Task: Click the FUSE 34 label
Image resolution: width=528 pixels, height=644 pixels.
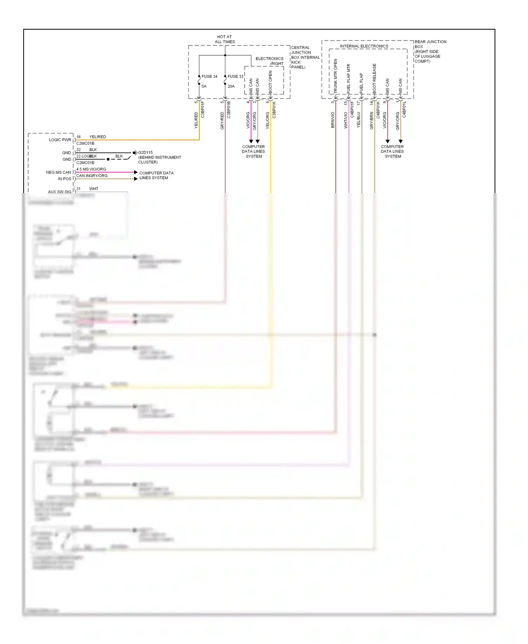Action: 209,76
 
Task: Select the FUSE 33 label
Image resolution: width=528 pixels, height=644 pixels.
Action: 235,76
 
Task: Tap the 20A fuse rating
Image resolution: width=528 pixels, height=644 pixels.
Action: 231,86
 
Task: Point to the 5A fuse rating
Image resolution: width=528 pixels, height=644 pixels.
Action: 204,86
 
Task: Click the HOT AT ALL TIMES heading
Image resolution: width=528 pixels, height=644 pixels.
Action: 225,39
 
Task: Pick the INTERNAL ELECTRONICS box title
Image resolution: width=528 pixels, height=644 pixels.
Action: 364,46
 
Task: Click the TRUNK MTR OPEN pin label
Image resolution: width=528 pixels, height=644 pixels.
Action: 335,76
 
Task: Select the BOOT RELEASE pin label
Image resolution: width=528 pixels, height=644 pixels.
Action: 375,78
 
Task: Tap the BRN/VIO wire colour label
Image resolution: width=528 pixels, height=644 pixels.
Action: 333,120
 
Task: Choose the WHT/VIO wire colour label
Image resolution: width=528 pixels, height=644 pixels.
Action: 346,120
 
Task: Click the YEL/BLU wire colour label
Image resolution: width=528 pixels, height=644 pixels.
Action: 359,120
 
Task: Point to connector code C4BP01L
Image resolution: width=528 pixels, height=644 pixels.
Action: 404,109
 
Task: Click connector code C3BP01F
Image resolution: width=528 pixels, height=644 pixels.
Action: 203,109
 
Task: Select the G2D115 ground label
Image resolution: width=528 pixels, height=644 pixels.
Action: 145,153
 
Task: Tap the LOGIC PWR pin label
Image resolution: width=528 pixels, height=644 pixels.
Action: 60,140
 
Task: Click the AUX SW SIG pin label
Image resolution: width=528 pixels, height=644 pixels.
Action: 59,192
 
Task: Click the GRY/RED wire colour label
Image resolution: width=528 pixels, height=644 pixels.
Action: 222,120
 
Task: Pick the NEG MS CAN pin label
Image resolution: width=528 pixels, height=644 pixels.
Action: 58,172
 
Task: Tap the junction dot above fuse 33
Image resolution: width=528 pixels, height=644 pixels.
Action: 225,55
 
